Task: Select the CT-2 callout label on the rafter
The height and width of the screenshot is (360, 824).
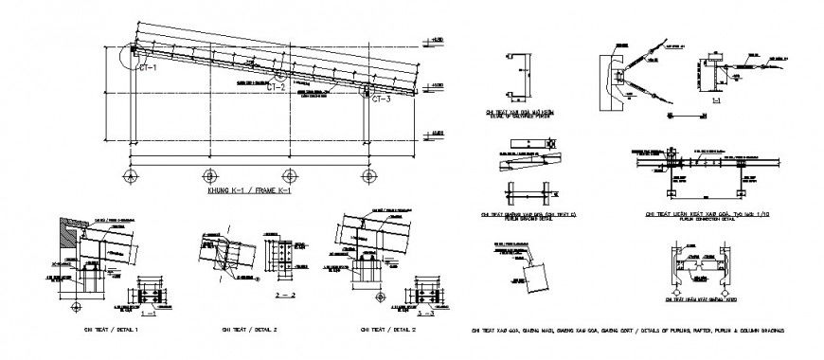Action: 276,87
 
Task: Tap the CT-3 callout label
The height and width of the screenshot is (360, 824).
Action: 381,99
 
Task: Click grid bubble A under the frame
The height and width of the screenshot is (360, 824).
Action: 131,175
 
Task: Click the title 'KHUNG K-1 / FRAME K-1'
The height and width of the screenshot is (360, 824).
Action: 248,191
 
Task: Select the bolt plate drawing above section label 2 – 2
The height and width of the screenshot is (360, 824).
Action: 281,256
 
